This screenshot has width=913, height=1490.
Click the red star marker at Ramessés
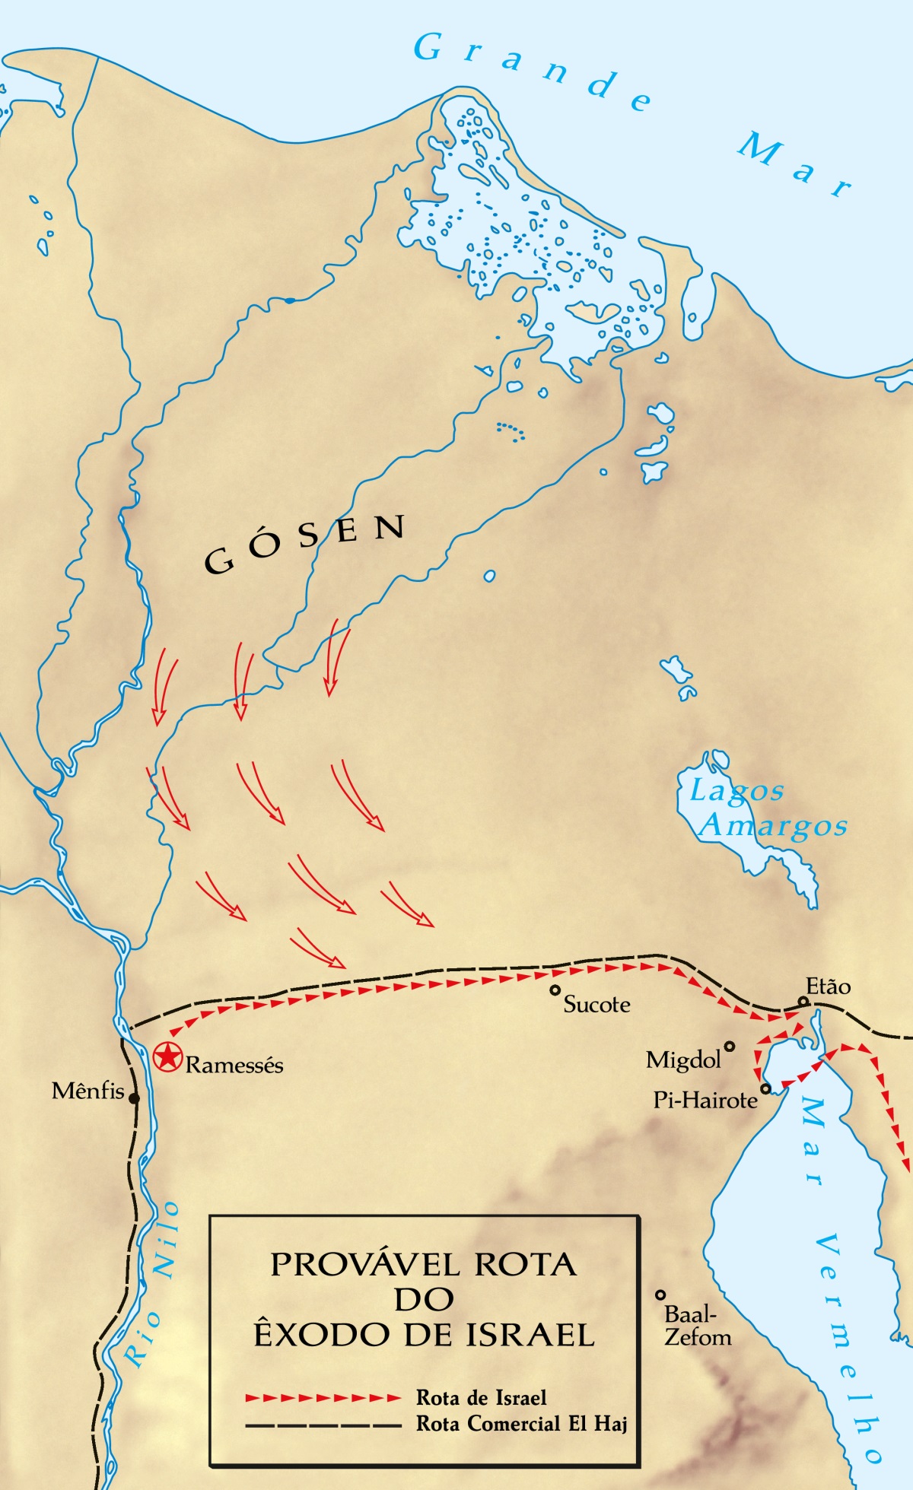(x=167, y=1057)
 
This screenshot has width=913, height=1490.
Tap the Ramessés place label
(x=234, y=1065)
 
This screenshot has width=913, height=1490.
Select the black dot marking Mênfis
(x=134, y=1098)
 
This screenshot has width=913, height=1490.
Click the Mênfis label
(x=87, y=1091)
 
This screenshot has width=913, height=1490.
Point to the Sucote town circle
(x=555, y=990)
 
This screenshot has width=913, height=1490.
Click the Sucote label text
(x=596, y=1005)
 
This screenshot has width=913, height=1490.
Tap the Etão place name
(x=828, y=986)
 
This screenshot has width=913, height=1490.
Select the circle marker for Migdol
(x=730, y=1047)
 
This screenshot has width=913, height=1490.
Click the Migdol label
(x=683, y=1060)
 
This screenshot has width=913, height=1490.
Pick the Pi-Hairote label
(x=705, y=1100)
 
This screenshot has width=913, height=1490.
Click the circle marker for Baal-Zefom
(x=660, y=1295)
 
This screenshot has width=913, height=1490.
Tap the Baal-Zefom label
(x=697, y=1326)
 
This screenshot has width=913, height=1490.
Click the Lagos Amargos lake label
(x=768, y=809)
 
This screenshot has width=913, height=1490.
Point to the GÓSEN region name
(x=304, y=544)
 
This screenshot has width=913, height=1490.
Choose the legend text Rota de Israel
(x=481, y=1398)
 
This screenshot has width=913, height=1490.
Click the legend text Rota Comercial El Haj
(x=521, y=1424)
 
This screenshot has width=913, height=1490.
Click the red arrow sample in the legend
(x=323, y=1398)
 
